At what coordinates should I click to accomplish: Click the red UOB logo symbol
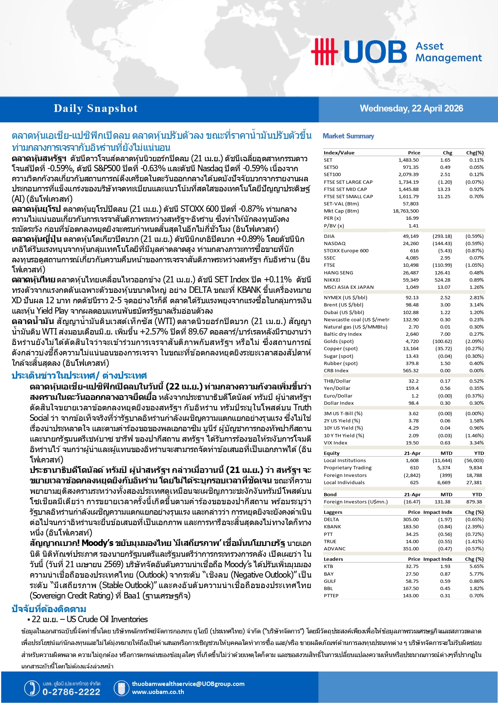324,51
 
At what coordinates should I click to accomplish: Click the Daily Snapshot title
96,108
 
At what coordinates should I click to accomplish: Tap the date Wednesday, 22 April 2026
411,108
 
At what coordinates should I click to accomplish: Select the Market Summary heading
348,136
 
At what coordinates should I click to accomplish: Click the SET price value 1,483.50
409,160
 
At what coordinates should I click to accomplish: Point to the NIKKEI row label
332,280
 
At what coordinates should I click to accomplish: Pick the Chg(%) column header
475,153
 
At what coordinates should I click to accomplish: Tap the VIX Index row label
335,443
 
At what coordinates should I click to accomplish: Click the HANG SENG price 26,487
411,273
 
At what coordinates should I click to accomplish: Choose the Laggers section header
333,512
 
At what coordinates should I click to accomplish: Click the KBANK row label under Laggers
332,527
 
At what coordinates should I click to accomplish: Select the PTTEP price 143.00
411,596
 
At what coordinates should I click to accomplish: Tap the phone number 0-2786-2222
71,692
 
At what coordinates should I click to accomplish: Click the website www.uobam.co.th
158,692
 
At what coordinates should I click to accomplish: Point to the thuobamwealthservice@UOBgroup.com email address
188,684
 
